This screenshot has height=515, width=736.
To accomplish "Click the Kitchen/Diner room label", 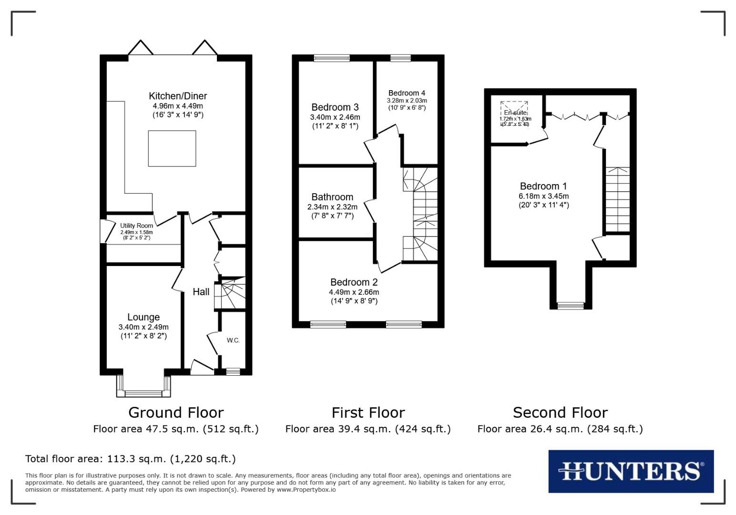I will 178,96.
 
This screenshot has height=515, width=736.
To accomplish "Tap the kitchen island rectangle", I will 172,148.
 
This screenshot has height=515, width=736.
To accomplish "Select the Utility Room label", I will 136,226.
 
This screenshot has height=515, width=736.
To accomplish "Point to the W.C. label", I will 233,340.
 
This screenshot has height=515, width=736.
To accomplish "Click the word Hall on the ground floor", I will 201,292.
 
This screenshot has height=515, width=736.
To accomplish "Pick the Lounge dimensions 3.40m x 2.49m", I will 143,327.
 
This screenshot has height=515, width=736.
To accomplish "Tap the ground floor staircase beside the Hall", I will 231,293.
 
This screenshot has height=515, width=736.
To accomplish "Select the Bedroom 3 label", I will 335,107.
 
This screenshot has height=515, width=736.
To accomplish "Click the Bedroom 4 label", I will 407,93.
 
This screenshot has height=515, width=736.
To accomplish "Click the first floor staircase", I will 420,215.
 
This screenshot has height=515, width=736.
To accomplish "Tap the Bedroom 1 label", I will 543,186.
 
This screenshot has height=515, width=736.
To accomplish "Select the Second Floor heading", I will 560,412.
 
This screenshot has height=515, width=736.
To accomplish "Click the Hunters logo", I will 631,471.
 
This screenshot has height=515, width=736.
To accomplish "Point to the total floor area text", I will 130,459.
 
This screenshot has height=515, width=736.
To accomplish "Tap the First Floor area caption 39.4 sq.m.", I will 368,429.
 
